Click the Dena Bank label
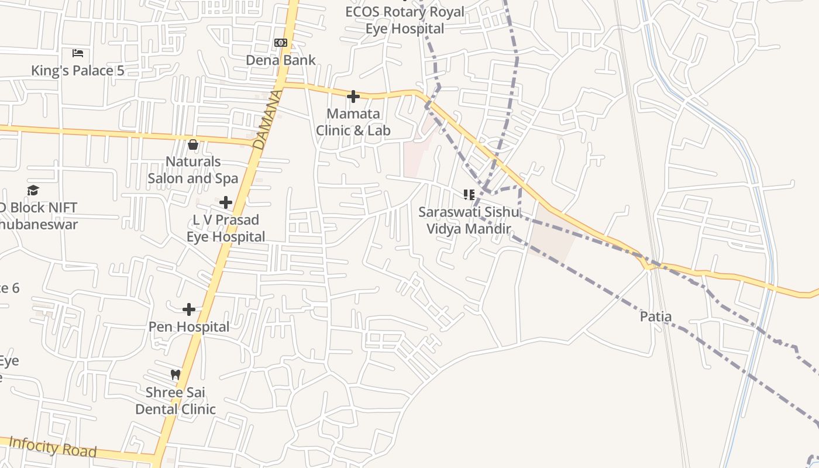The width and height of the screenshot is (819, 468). (281, 60)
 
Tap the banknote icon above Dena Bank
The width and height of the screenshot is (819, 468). (281, 43)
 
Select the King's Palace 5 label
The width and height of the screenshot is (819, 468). (78, 71)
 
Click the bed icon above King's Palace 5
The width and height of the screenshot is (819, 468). (78, 53)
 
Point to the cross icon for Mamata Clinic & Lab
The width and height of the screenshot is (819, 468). (353, 97)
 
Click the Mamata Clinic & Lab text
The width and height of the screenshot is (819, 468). (353, 122)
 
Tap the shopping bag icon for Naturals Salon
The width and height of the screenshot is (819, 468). (193, 144)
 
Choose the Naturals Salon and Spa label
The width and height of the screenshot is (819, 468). (193, 170)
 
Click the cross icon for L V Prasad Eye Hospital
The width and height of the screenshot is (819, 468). (226, 202)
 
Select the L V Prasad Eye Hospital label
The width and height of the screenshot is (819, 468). (226, 228)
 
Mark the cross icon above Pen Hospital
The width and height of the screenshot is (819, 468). (189, 309)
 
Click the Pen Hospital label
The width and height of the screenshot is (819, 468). (189, 326)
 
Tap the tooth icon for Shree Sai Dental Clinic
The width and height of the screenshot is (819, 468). (175, 374)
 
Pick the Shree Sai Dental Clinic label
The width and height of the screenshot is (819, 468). (175, 401)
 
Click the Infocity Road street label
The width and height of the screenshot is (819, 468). (53, 447)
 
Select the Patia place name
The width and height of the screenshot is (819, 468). (656, 316)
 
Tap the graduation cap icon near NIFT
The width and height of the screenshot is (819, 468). (33, 190)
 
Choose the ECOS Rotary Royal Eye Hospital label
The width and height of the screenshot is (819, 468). (405, 20)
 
